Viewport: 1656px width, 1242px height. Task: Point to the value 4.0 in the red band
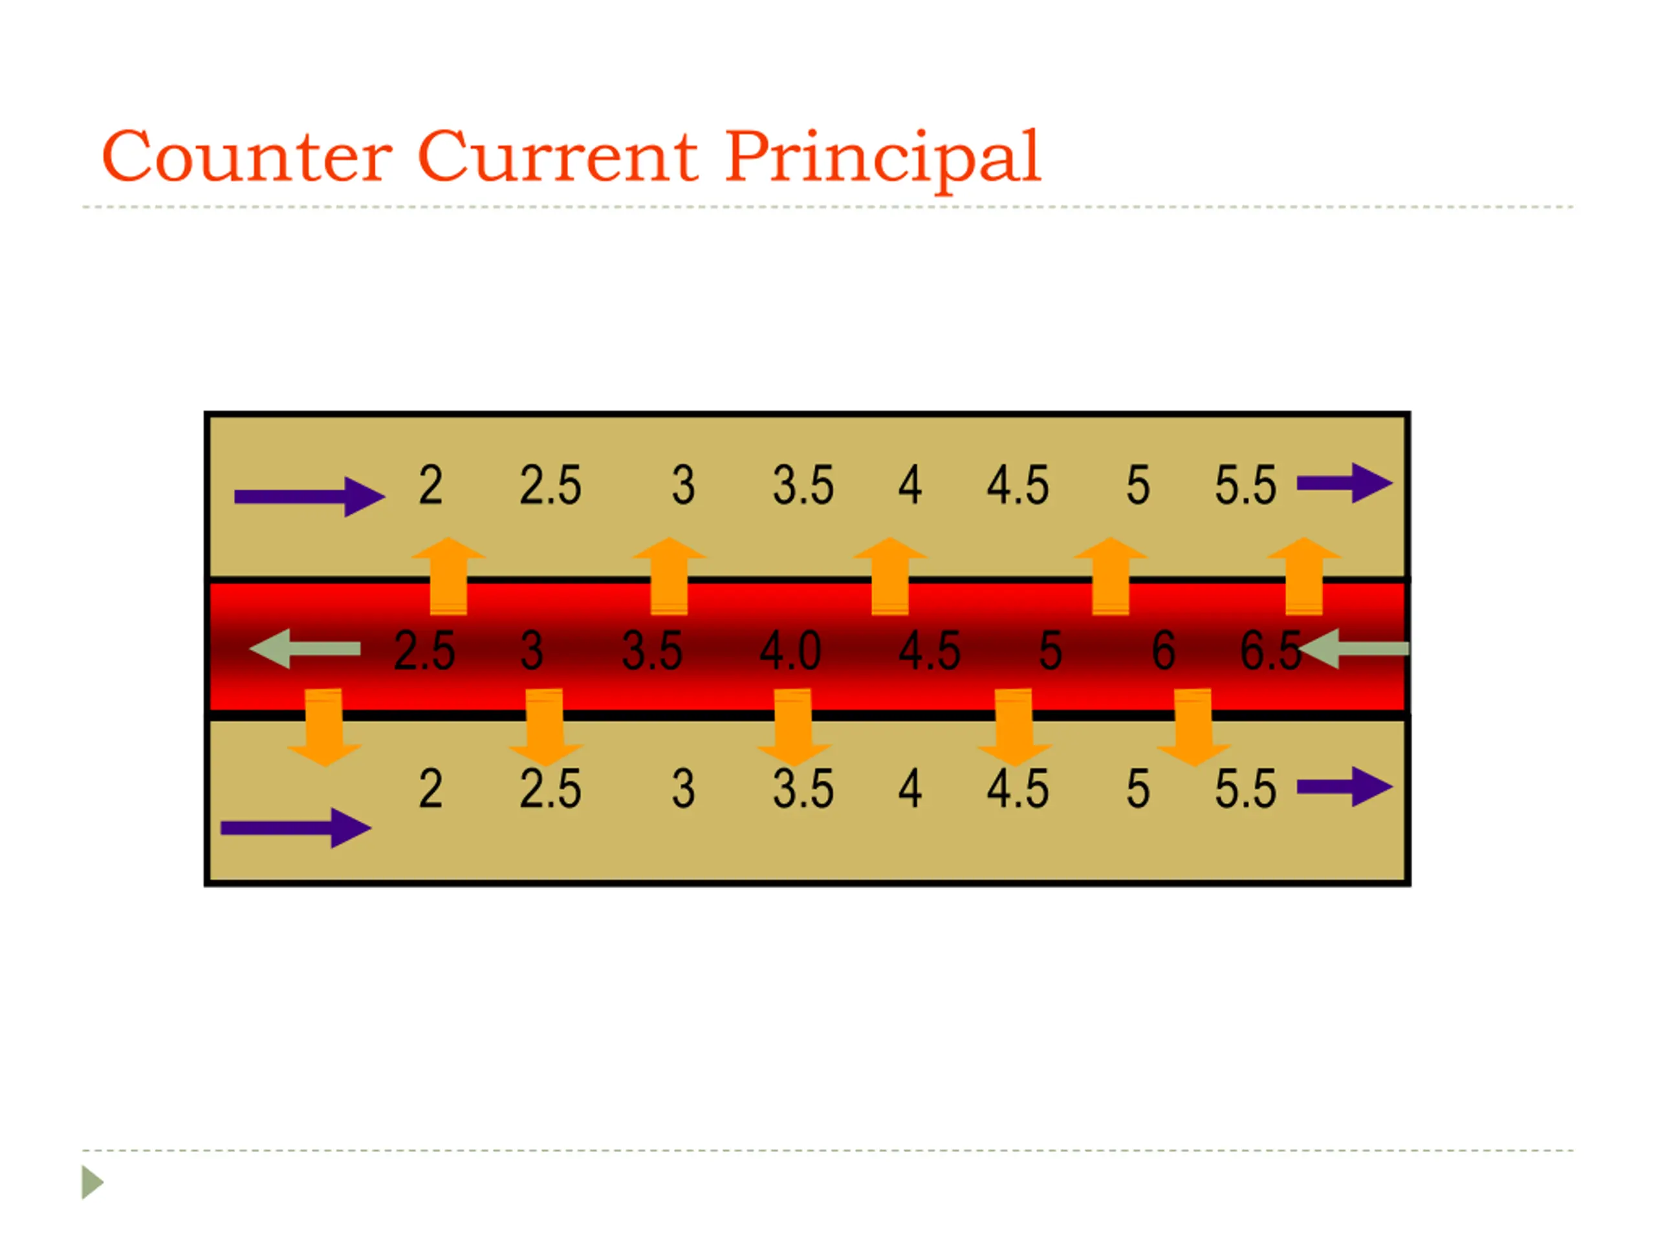point(790,650)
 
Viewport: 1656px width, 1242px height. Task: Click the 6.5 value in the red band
point(1270,650)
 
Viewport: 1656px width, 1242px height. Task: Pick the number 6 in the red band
point(1163,650)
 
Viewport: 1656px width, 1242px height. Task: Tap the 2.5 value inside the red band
point(424,650)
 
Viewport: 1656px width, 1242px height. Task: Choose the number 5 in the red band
point(1051,650)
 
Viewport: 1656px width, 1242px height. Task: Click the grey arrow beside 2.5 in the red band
point(304,648)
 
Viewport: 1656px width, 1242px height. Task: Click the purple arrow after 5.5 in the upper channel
point(1344,483)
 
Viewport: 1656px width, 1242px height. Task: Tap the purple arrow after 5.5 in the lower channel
point(1344,786)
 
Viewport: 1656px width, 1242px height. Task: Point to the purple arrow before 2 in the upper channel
point(309,496)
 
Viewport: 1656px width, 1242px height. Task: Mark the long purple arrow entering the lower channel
point(296,827)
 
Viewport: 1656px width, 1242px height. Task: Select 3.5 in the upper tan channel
point(803,485)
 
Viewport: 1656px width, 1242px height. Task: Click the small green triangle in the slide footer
point(91,1182)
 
